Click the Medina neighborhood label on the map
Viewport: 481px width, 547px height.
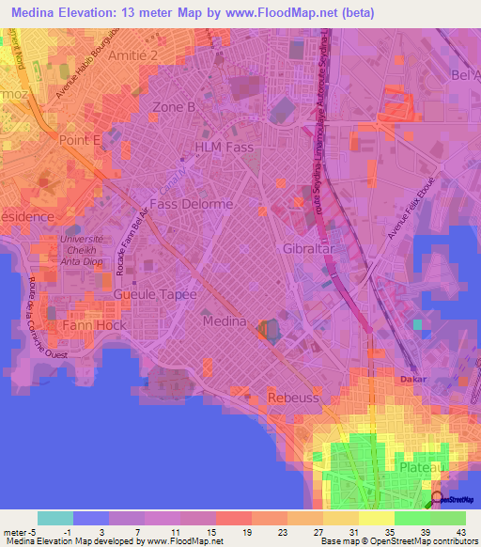(x=225, y=321)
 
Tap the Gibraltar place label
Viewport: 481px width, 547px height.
(x=309, y=248)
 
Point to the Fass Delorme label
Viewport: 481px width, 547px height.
(x=192, y=203)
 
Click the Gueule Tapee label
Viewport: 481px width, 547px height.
(x=155, y=294)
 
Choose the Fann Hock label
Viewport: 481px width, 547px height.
(x=94, y=325)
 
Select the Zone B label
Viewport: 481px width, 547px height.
(x=175, y=107)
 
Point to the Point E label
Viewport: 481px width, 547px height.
(x=80, y=139)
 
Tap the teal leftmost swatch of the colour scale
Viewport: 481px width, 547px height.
(x=54, y=518)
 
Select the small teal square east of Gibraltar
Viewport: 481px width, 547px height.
(x=417, y=324)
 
